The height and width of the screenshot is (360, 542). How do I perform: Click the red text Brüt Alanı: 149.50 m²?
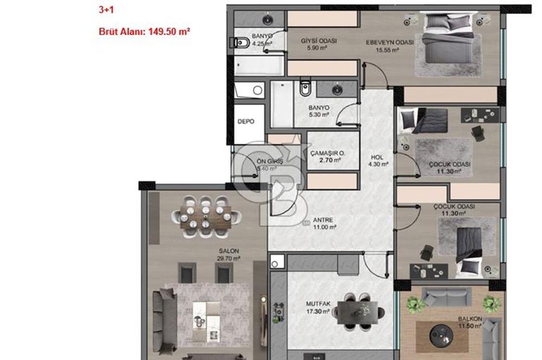[144, 32]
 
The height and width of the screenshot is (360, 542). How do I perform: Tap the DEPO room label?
[246, 122]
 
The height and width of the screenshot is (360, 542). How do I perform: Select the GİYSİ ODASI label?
[319, 41]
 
